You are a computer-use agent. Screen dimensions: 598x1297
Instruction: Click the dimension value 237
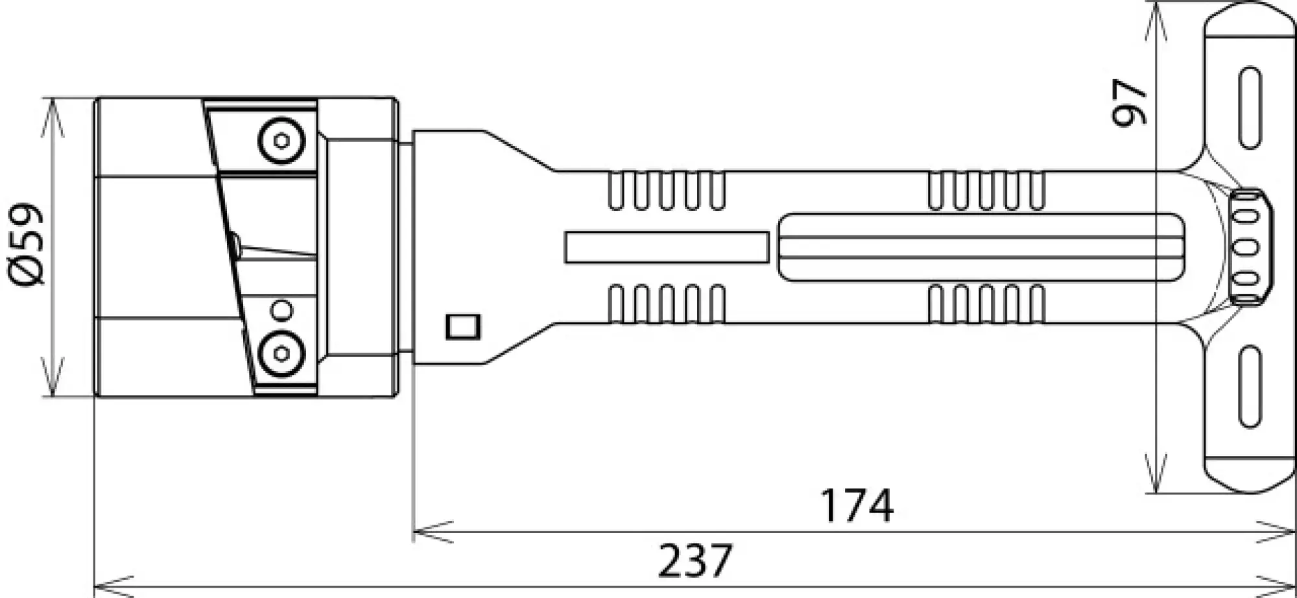click(695, 561)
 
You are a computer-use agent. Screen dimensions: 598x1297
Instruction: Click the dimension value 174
click(857, 506)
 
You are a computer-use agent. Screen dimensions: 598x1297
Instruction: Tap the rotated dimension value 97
click(1129, 102)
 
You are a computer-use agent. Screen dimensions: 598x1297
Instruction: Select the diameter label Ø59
click(27, 245)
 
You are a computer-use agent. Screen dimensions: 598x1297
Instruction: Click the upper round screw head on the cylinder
click(281, 140)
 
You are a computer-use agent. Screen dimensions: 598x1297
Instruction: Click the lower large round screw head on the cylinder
click(281, 353)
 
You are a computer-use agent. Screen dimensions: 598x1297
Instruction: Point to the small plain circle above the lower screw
click(281, 311)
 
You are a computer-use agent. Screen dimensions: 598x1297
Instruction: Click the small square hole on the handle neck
click(463, 326)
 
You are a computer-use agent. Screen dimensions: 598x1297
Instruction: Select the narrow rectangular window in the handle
click(666, 247)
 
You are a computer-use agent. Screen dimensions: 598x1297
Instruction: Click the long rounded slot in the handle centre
click(981, 247)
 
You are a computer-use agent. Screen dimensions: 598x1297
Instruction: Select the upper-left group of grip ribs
click(667, 191)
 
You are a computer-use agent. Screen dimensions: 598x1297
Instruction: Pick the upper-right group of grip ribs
click(986, 191)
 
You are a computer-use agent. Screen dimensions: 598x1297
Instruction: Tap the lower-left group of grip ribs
click(667, 304)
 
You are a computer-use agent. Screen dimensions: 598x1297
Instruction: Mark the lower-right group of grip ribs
click(986, 304)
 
